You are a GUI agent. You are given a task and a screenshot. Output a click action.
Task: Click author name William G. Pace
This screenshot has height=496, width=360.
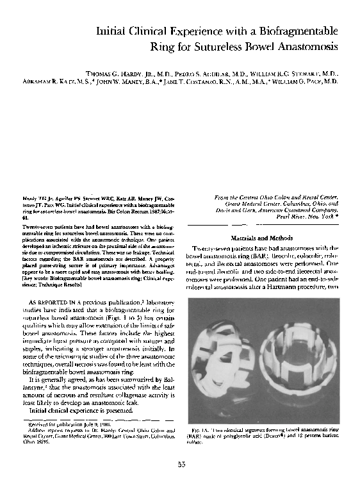pyautogui.click(x=307, y=83)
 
